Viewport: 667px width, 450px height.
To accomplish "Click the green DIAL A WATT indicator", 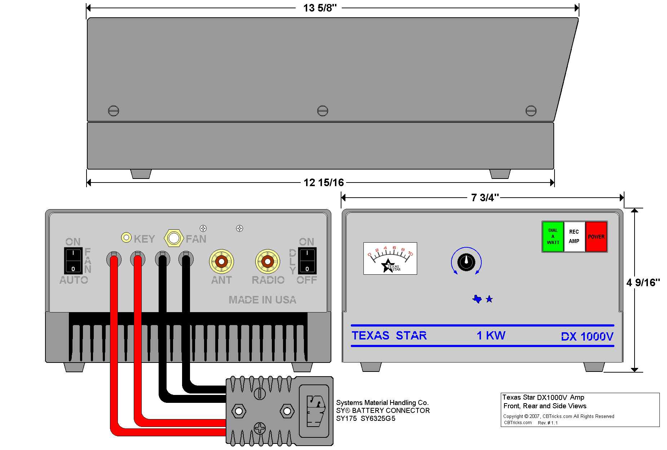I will click(553, 237).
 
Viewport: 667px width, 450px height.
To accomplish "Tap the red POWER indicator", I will click(596, 237).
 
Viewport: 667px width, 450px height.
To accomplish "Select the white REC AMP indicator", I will click(574, 237).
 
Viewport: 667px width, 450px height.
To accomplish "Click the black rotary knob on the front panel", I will click(466, 261).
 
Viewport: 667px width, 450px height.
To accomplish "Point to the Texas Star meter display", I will click(390, 258).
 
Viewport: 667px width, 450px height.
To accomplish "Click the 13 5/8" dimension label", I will click(319, 8).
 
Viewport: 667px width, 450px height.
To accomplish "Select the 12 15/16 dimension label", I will click(323, 183).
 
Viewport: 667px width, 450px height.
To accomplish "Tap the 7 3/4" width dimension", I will click(485, 198).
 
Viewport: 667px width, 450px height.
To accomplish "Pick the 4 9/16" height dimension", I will click(643, 283).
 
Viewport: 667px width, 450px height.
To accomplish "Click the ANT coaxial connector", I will click(221, 261).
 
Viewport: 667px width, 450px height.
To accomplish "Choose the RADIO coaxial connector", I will click(268, 261).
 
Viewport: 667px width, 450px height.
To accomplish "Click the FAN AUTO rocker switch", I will click(73, 261).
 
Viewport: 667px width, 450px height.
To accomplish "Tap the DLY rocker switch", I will click(307, 261).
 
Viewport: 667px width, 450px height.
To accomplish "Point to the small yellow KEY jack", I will click(126, 238).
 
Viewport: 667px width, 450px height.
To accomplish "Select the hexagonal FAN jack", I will click(174, 238).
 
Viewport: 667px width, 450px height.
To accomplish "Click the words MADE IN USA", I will click(262, 300).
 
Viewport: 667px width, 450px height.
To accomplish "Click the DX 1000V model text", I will click(587, 337).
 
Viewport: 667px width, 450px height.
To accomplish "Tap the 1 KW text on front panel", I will click(491, 336).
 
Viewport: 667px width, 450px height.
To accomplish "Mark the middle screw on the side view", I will click(323, 111).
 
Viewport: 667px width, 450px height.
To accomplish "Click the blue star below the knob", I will click(489, 299).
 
